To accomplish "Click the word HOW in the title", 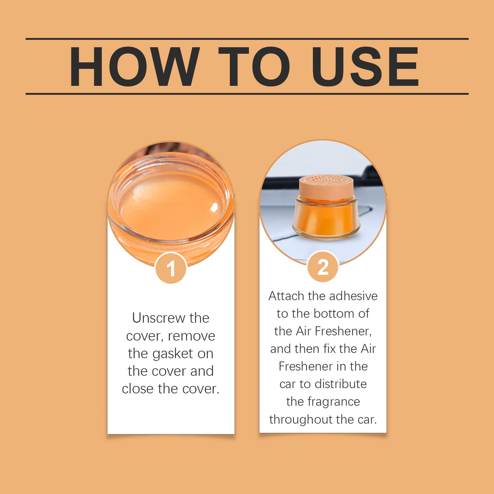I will pos(134,67).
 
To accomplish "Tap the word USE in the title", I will pos(365,67).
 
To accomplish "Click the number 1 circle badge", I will pos(171,268).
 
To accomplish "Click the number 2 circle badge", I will pos(323,267).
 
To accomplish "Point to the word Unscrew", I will pos(158,318).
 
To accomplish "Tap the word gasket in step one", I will pos(173,353).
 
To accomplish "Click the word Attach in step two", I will pos(286,296).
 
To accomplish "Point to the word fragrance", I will pos(334,402).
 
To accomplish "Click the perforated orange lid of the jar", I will pos(326,186).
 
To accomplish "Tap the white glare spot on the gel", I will pos(214,207).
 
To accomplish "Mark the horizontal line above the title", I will pos(247,39).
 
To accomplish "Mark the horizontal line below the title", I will pos(247,94).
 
